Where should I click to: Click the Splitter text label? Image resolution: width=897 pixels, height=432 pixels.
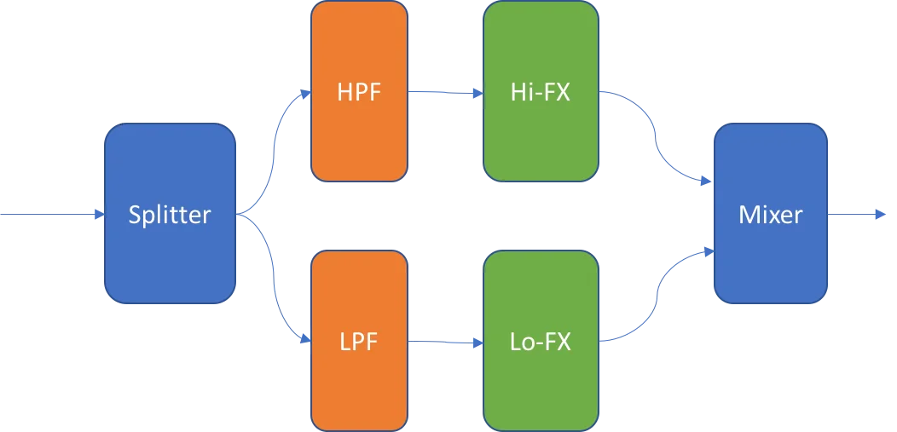click(x=169, y=215)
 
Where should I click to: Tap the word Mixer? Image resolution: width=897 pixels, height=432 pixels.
click(x=770, y=214)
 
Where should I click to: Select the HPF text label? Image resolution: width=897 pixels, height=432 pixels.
click(x=358, y=91)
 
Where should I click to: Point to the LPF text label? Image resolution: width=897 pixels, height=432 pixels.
click(x=358, y=343)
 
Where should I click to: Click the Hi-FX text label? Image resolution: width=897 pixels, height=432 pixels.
click(x=540, y=91)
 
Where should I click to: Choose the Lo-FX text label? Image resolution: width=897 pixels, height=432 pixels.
click(x=540, y=343)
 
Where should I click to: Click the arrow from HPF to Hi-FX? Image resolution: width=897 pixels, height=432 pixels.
click(x=443, y=92)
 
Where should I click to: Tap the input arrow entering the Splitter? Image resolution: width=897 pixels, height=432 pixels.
click(x=47, y=215)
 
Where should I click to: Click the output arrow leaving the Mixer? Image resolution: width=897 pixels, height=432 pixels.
click(x=853, y=215)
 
